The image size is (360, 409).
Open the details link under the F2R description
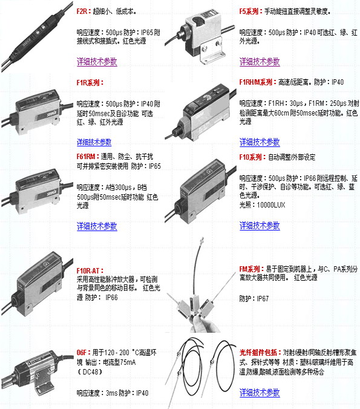tap(97, 62)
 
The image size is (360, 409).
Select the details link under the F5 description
tap(260, 62)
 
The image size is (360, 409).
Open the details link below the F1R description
tap(94, 142)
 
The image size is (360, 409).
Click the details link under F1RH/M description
tap(260, 142)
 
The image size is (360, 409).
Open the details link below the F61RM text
tap(97, 226)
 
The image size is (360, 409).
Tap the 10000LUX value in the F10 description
tap(271, 205)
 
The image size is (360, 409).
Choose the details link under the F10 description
tap(260, 226)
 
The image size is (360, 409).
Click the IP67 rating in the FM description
tap(263, 299)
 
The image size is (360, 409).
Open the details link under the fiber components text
tap(260, 393)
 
